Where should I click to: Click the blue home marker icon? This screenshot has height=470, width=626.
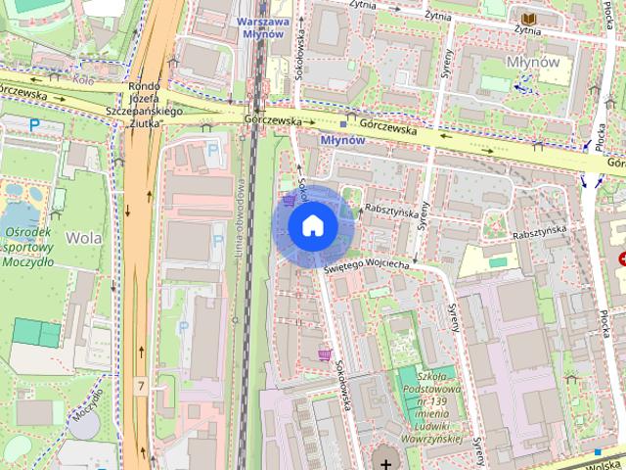(x=312, y=226)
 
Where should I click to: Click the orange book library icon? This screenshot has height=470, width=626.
(x=528, y=19)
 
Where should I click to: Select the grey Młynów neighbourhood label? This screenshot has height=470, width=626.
(x=533, y=61)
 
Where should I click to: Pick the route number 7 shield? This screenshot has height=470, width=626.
(x=142, y=387)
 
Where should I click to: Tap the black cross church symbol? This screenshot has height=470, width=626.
(x=386, y=462)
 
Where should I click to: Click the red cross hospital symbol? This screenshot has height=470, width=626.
(x=622, y=258)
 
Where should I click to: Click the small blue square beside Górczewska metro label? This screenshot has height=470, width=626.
(x=343, y=125)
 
